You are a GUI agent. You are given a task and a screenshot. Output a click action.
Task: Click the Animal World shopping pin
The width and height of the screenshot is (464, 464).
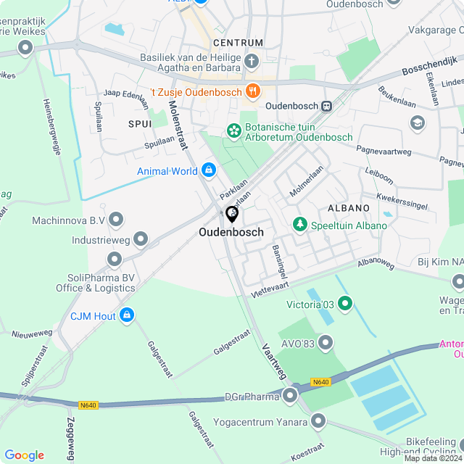coord(208,170)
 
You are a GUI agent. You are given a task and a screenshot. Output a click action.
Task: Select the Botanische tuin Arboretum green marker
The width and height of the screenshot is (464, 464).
coord(234,130)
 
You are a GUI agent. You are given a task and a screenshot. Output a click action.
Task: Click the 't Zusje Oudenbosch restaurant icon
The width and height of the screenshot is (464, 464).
coord(252,91)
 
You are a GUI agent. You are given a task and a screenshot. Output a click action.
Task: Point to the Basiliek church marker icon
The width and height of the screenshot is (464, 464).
coord(252,60)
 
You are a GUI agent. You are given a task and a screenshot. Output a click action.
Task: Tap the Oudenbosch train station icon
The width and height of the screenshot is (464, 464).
coord(327,106)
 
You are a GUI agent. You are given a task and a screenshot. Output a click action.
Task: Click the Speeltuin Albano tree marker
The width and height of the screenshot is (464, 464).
coord(299,225)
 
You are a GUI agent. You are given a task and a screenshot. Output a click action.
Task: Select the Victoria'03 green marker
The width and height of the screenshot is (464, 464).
coord(344,302)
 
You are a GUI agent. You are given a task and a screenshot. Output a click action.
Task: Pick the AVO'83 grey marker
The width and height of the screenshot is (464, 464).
coord(326,341)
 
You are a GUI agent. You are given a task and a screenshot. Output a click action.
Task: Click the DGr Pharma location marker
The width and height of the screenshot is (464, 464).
coord(291,395)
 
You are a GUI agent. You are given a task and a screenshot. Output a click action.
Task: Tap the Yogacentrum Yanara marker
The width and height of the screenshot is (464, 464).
coord(318,420)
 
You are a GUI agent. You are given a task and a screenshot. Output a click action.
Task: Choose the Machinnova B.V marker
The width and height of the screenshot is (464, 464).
coord(116,220)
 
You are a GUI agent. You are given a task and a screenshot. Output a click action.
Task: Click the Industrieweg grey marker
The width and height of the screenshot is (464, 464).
coord(141,239)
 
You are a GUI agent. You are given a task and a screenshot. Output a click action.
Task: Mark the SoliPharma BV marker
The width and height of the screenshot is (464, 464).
coord(115,259)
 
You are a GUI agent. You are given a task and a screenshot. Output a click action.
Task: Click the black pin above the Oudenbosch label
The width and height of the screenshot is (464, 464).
coord(232,214)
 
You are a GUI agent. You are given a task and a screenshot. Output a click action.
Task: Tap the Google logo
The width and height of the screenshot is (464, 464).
coord(24,455)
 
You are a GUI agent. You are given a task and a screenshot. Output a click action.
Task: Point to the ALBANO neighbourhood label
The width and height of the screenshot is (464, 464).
coord(348,208)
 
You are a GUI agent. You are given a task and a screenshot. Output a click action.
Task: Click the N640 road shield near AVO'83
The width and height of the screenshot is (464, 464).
coord(320,382)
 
